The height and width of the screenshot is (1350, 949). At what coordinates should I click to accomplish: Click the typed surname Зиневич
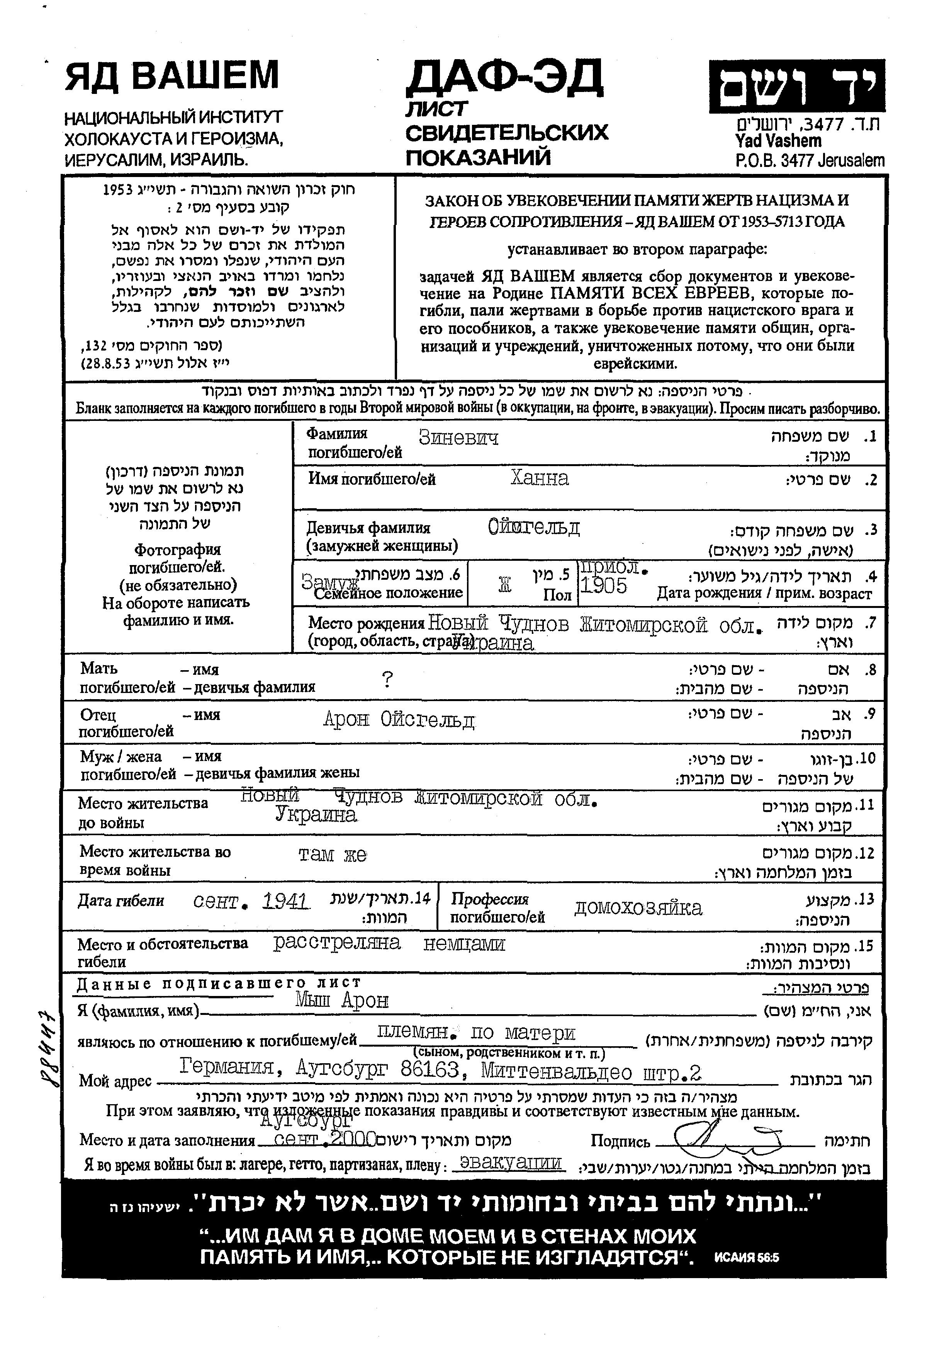click(x=458, y=438)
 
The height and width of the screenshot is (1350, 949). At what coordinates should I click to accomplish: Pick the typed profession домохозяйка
click(x=638, y=908)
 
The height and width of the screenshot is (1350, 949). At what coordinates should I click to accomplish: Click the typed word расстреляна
click(x=337, y=943)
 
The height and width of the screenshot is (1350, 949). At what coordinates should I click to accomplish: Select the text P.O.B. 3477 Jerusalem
click(x=809, y=160)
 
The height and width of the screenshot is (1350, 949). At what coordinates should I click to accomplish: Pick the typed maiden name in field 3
click(x=533, y=528)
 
